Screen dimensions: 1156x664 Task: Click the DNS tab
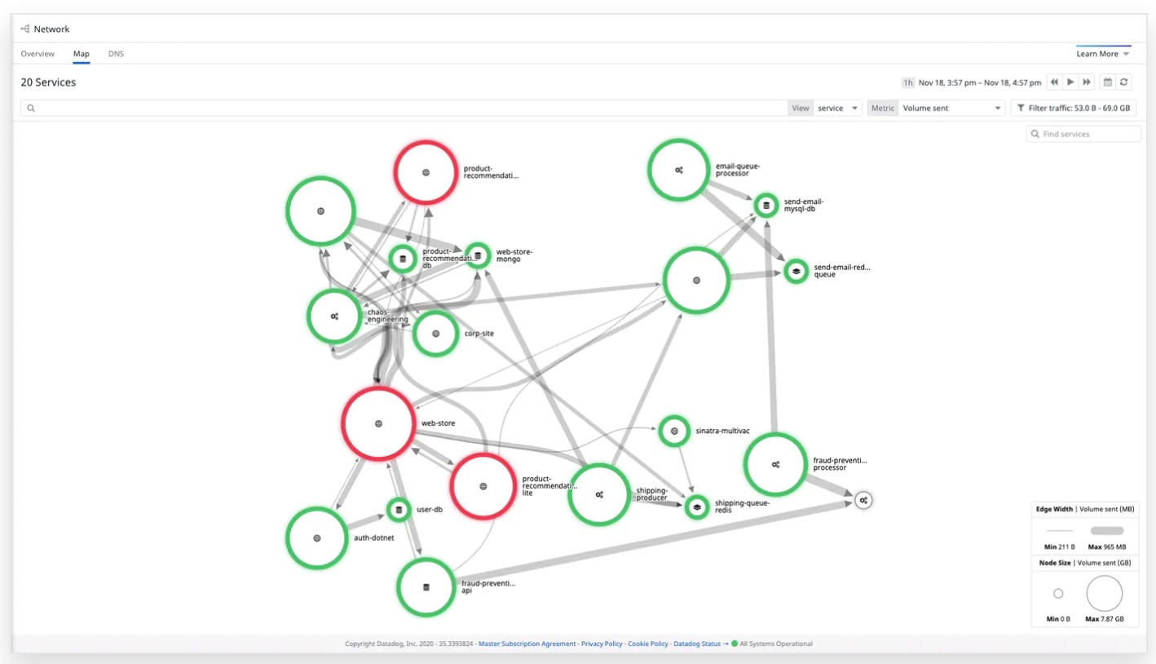point(116,54)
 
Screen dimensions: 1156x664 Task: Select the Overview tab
point(38,54)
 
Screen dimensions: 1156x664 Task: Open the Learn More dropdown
point(1103,54)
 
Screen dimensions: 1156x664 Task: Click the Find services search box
point(1083,134)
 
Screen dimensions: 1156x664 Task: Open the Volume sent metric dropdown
point(951,108)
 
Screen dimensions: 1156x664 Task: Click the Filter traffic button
point(1074,108)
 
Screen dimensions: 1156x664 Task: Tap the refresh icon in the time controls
point(1123,82)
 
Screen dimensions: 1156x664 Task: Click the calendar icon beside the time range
point(1107,82)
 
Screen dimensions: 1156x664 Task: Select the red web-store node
point(378,423)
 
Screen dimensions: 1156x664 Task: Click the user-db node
point(399,510)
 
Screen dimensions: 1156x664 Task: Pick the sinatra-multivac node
point(674,431)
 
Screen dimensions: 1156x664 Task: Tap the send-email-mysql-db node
point(766,205)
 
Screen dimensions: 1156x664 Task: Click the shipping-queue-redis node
point(697,507)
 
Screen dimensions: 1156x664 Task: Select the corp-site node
point(435,334)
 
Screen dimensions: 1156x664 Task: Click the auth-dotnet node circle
point(317,538)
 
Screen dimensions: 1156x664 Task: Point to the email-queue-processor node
point(678,170)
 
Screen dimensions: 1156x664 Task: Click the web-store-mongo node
point(478,255)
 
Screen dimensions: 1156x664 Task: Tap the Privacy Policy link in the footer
point(601,644)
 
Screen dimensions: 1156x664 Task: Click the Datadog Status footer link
point(697,644)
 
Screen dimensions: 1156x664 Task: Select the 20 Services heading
point(48,82)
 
